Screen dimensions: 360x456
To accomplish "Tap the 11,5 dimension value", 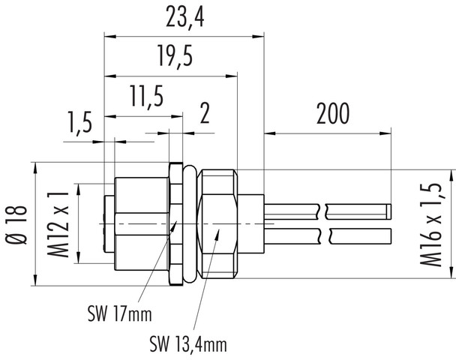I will point(142,97).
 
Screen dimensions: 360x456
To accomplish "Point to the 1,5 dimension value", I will point(79,121).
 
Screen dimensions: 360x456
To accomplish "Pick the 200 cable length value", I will point(333,114).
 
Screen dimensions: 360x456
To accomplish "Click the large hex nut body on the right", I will point(218,225).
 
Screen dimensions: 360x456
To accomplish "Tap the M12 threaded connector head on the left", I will point(139,225).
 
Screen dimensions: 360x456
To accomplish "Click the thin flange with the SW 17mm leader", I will point(175,225).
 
